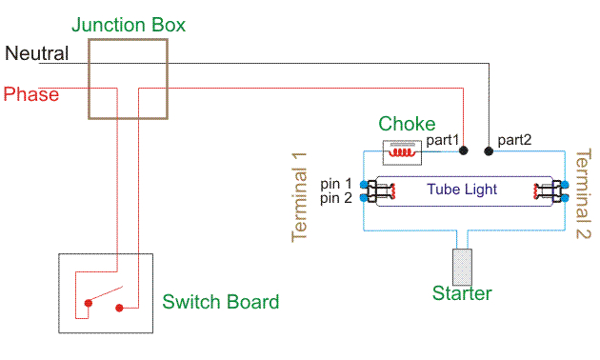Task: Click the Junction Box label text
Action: pos(128,25)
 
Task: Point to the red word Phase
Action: pos(30,94)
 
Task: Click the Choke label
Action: pos(407,124)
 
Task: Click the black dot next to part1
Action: pos(464,150)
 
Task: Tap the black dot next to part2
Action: pos(490,150)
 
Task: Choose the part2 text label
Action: pos(513,139)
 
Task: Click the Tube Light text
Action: pos(461,190)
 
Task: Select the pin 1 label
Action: pos(335,183)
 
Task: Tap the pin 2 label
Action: pos(335,198)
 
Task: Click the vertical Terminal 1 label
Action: pos(299,195)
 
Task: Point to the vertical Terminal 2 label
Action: pos(583,195)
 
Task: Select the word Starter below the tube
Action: pos(462,293)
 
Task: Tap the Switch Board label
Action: pos(220,303)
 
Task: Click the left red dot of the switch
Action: pos(88,304)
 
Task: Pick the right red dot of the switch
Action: pos(120,308)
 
